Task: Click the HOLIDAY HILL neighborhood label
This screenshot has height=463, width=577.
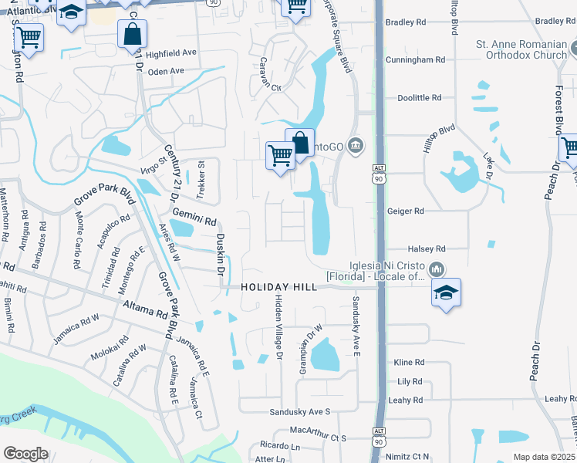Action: tap(278, 287)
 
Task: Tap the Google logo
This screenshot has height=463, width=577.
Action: tap(25, 454)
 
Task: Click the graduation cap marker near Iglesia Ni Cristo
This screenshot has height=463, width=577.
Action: tap(446, 292)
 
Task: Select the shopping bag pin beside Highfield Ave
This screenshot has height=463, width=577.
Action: tap(133, 34)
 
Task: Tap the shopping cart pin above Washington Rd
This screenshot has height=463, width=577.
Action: tap(29, 36)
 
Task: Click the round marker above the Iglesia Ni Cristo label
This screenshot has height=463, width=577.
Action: tap(436, 269)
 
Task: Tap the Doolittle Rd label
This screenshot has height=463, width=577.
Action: tap(420, 98)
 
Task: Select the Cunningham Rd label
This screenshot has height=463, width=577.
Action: tap(417, 59)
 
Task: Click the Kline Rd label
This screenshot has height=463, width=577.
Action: tap(409, 362)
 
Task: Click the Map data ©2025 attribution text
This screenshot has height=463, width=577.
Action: tap(545, 457)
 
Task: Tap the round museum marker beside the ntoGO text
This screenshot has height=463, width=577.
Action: tap(356, 144)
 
